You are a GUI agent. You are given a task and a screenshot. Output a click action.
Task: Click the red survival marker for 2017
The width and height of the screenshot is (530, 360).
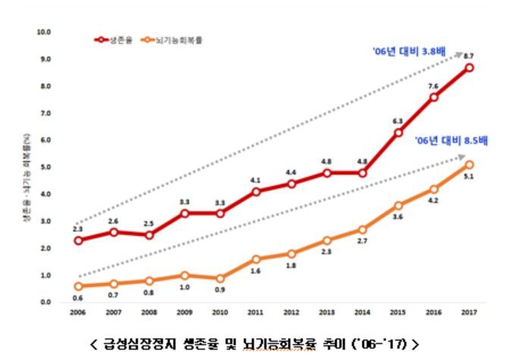pos(470,67)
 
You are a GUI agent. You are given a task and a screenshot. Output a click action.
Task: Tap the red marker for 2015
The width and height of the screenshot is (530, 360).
pos(398,132)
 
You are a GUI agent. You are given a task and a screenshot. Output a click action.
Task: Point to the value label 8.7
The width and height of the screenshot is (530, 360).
pos(470,56)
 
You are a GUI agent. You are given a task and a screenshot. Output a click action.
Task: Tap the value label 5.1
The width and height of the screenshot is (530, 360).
pos(470,177)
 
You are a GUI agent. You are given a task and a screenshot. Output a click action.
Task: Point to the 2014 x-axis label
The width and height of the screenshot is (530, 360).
pos(362,312)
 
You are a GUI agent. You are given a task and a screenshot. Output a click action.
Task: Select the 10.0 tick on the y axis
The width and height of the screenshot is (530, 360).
pos(43,33)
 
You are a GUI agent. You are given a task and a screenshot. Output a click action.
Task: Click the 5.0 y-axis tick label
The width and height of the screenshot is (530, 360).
pos(45,167)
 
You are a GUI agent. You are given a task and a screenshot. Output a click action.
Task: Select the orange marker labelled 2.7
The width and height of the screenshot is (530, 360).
pos(362,229)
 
